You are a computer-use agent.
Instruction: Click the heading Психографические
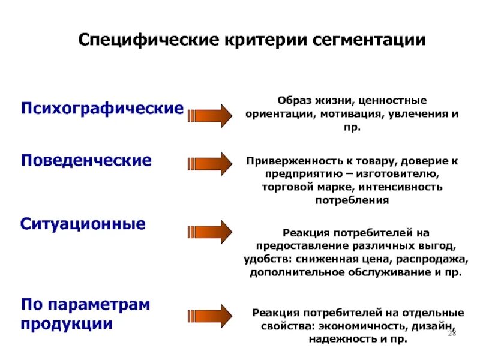(103, 109)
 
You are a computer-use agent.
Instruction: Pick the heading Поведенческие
(86, 161)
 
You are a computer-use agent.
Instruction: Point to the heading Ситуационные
(83, 224)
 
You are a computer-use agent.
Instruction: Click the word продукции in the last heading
(67, 323)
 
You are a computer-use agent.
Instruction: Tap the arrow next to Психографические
(210, 115)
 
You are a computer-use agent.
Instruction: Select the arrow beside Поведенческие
(210, 163)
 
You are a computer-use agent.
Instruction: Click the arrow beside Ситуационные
(210, 232)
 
